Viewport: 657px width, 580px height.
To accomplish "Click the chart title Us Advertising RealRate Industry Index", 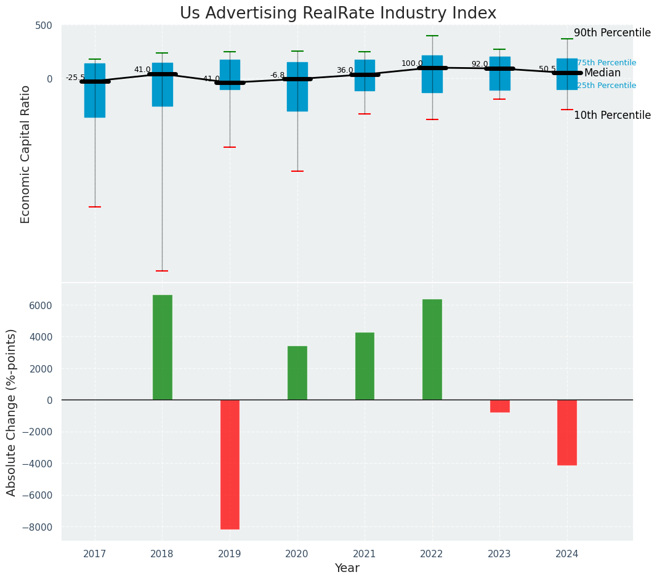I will (338, 14).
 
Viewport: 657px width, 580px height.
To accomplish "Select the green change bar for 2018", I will (163, 347).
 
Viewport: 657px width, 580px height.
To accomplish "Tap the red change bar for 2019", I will (230, 464).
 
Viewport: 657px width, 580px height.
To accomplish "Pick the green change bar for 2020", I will (297, 373).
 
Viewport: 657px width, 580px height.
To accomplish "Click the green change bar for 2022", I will (432, 349).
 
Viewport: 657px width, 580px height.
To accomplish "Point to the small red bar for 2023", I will (499, 406).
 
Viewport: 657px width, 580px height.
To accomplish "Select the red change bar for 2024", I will (567, 432).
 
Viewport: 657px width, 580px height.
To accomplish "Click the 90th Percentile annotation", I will (612, 33).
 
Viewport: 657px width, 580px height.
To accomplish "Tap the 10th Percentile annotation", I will (612, 116).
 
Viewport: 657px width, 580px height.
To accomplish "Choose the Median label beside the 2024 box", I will (602, 73).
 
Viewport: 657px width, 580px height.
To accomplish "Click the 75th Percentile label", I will (607, 63).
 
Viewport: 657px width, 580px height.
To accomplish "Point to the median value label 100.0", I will (412, 63).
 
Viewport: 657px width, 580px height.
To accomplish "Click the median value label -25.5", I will (76, 78).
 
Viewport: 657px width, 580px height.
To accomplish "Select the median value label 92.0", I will (480, 64).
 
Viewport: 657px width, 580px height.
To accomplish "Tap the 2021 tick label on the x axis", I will (365, 554).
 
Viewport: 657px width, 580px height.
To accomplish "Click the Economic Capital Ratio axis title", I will (26, 154).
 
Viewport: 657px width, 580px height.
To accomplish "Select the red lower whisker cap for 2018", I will (162, 271).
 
